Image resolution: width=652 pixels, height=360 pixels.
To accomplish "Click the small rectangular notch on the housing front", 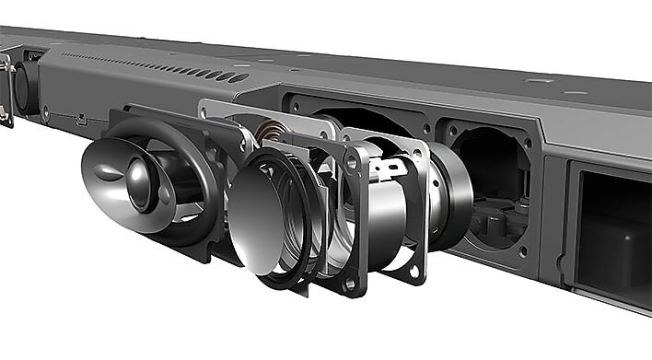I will pyautogui.click(x=82, y=121).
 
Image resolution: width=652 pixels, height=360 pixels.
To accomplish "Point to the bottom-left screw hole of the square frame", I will pyautogui.click(x=351, y=283).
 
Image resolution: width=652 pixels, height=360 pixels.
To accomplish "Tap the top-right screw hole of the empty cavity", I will pyautogui.click(x=529, y=142).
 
